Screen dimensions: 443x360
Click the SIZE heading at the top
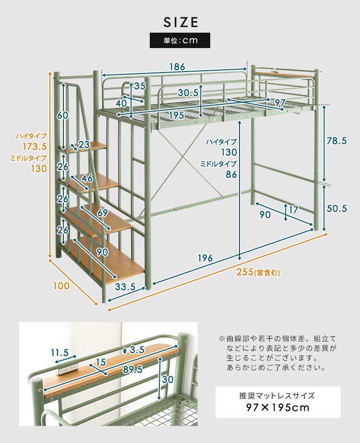pyautogui.click(x=180, y=22)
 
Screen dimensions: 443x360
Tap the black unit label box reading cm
pyautogui.click(x=180, y=40)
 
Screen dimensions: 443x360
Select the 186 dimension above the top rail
pyautogui.click(x=177, y=67)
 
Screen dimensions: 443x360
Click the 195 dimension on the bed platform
pyautogui.click(x=177, y=115)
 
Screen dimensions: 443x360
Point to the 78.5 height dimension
pyautogui.click(x=336, y=141)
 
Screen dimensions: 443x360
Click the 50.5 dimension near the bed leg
pyautogui.click(x=336, y=209)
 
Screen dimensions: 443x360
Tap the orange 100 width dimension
pyautogui.click(x=61, y=286)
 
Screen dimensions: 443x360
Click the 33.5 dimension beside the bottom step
pyautogui.click(x=125, y=287)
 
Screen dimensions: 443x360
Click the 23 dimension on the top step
pyautogui.click(x=84, y=144)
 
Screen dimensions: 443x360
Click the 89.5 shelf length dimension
pyautogui.click(x=132, y=369)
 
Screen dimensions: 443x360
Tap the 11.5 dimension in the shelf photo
pyautogui.click(x=60, y=353)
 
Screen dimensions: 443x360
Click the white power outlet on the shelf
pyautogui.click(x=66, y=369)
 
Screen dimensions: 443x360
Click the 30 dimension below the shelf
pyautogui.click(x=167, y=379)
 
